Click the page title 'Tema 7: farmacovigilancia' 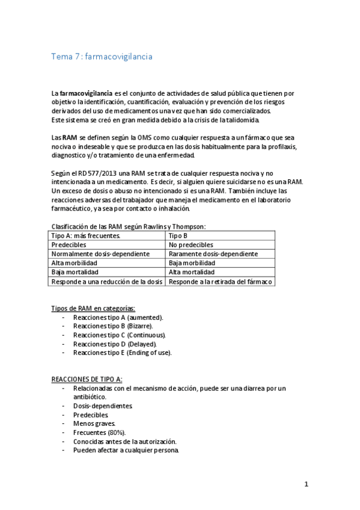coord(102,57)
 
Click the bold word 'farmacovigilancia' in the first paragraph coord(86,93)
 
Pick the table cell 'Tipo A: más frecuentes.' coord(86,236)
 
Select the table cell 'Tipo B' coord(178,236)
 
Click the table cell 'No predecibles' coord(190,245)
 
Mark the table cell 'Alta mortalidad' coord(192,272)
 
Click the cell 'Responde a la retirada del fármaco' coord(220,281)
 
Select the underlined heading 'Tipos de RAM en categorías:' coord(93,308)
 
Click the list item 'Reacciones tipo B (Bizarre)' coord(108,325)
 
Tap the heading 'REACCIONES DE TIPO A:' coord(87,379)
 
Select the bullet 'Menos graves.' coord(94,423)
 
